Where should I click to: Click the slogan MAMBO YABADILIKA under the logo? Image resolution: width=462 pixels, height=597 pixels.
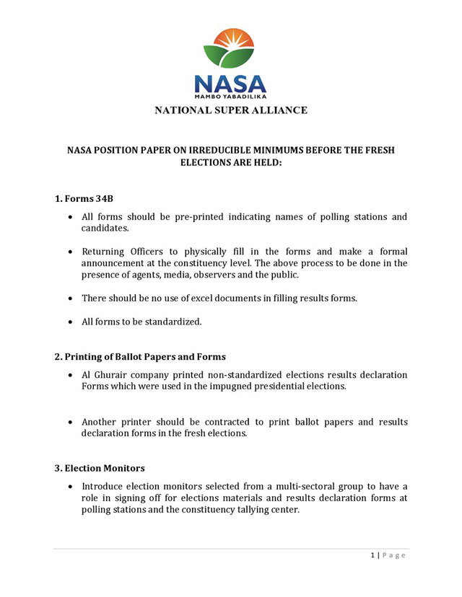(x=230, y=94)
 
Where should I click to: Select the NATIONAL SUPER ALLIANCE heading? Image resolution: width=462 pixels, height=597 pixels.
(x=230, y=110)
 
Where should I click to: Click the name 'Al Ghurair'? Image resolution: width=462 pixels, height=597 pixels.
(x=105, y=375)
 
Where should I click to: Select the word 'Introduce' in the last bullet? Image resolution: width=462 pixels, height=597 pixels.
(x=105, y=487)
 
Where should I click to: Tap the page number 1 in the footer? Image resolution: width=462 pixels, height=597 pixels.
(x=372, y=555)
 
